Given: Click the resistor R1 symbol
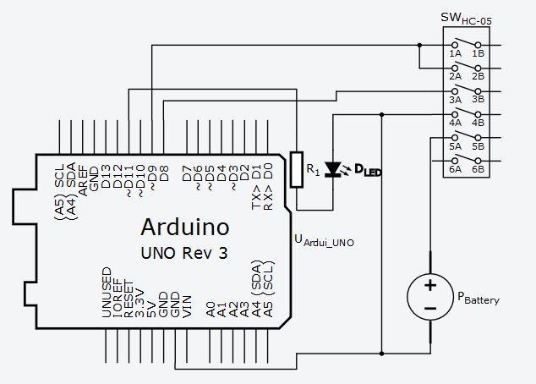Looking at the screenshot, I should coord(296,169).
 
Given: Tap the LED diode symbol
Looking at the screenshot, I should coord(335,169).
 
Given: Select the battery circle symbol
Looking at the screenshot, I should coord(430,298).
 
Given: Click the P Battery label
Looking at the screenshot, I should coord(479,299).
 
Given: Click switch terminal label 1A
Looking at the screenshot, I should coord(455,54).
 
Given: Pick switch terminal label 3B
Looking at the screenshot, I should coord(478,100).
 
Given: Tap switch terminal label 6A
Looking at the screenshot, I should coord(455,169).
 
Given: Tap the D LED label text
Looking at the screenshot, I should coord(367,172).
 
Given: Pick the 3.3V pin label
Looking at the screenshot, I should coord(140,304).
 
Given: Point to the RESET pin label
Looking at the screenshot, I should coord(129,300).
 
